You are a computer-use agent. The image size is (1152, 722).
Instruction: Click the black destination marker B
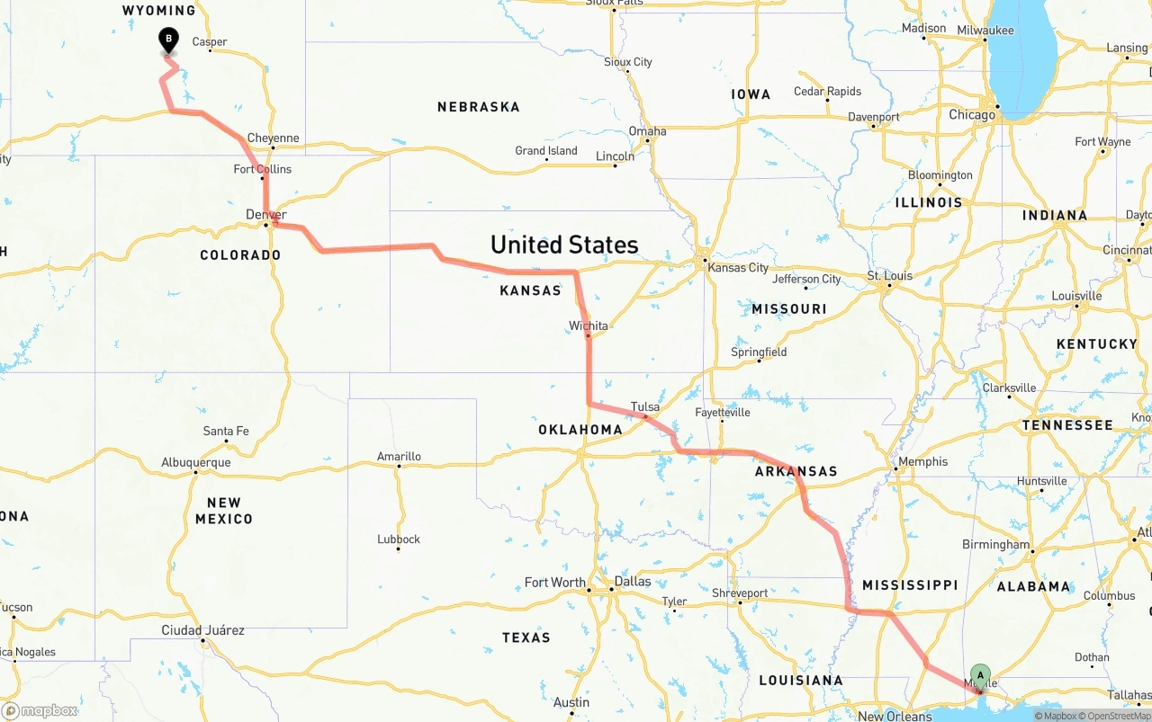[168, 40]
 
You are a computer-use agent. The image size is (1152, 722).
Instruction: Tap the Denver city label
[265, 215]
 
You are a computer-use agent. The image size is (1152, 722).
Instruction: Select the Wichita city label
[588, 325]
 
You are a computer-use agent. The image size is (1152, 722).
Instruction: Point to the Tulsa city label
[644, 406]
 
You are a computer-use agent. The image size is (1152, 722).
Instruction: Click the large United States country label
[564, 245]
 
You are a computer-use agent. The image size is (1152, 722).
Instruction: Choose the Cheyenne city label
[273, 138]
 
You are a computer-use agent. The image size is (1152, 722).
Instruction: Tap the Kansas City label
[738, 267]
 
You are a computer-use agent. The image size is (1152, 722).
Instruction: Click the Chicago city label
[972, 115]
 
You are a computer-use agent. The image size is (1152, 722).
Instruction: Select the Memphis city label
[922, 461]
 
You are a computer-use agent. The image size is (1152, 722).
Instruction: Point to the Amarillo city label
[399, 457]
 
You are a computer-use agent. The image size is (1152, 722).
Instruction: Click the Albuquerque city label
[195, 462]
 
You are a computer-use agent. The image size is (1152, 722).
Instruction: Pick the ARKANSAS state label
[796, 471]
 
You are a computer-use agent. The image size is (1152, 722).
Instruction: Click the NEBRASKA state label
[478, 107]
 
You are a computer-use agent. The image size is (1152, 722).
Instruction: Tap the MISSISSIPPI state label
[909, 585]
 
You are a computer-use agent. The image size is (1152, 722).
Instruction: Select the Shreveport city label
[740, 593]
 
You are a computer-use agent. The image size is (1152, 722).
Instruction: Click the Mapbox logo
[40, 711]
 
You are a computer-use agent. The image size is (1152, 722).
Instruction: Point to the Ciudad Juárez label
[202, 630]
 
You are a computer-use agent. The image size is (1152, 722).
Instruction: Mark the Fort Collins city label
[262, 169]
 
